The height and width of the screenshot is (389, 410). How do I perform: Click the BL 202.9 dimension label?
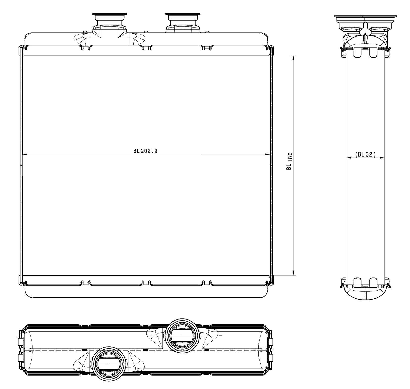[145, 151]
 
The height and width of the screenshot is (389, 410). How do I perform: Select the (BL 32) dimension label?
[365, 154]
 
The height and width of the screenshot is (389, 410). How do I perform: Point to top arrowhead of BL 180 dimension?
[293, 57]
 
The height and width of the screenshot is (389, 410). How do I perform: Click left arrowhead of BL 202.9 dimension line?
[25, 154]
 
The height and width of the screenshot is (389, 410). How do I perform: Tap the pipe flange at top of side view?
[365, 17]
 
